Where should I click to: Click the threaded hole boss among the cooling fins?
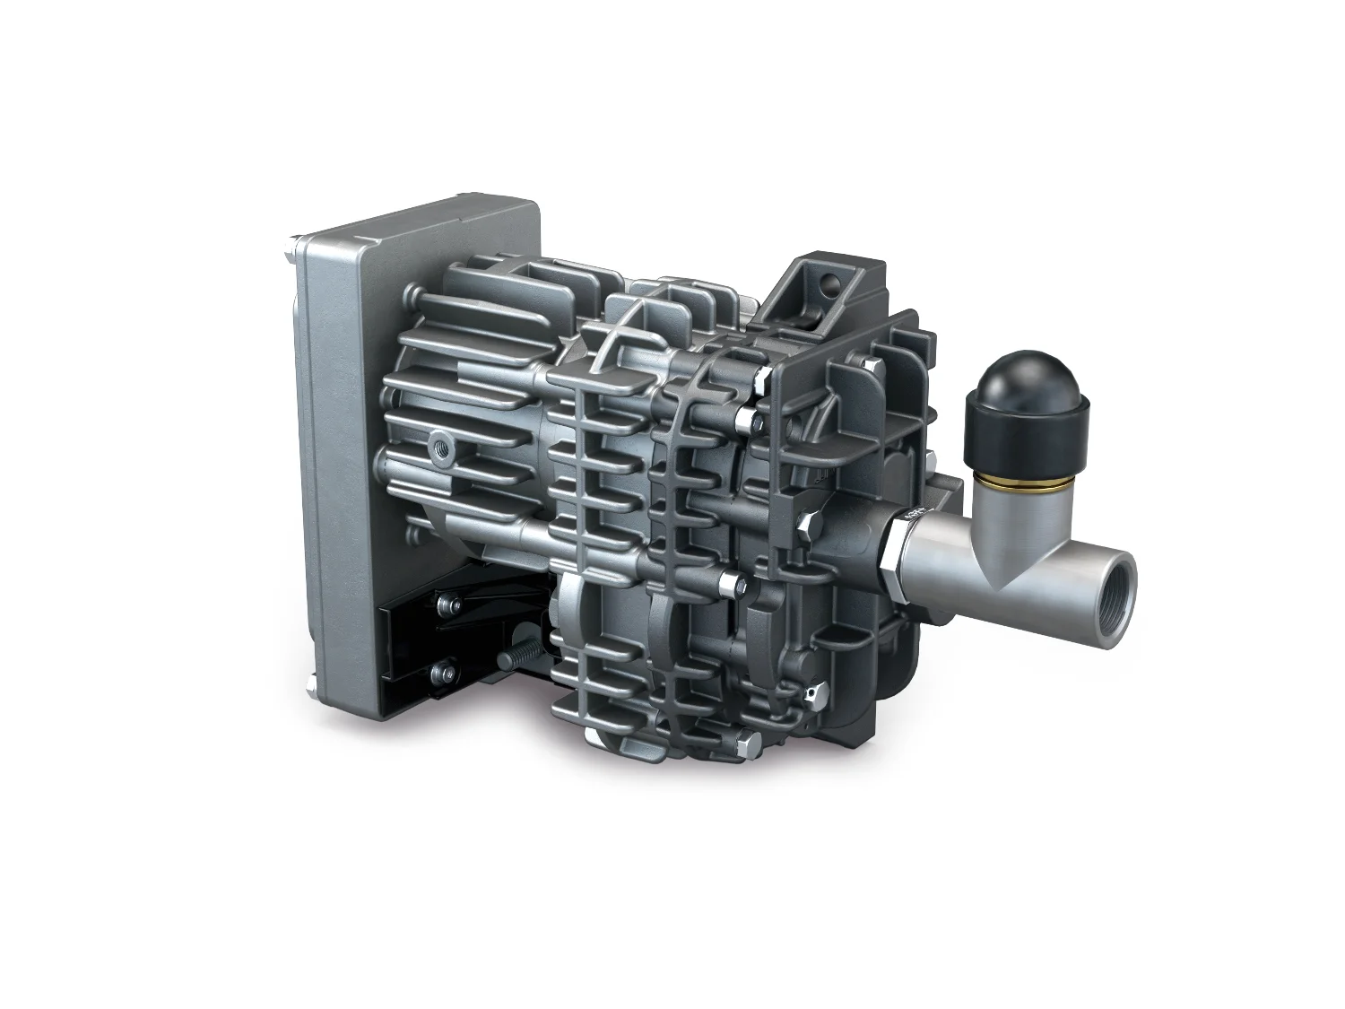click(x=440, y=446)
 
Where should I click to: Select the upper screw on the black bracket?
click(x=444, y=606)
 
